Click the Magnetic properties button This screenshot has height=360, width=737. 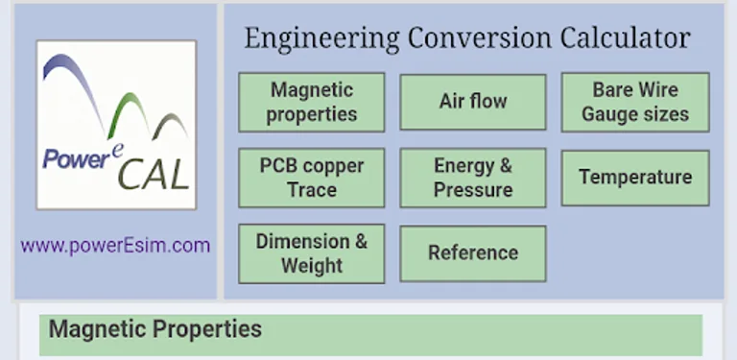pyautogui.click(x=312, y=102)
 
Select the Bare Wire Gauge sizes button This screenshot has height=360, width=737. pyautogui.click(x=635, y=102)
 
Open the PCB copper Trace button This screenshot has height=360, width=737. pyautogui.click(x=312, y=178)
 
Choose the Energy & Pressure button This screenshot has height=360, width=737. pyautogui.click(x=473, y=178)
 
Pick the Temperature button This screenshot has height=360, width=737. pyautogui.click(x=635, y=178)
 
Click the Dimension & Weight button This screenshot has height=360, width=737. pyautogui.click(x=312, y=253)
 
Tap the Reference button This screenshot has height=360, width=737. pyautogui.click(x=473, y=253)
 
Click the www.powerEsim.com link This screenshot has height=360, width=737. pyautogui.click(x=115, y=246)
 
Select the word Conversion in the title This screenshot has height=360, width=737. pyautogui.click(x=480, y=38)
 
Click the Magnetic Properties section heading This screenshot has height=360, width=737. pyautogui.click(x=155, y=330)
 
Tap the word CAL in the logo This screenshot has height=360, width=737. pyautogui.click(x=157, y=177)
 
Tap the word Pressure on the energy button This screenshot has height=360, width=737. pyautogui.click(x=473, y=190)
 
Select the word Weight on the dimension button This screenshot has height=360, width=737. pyautogui.click(x=312, y=266)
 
